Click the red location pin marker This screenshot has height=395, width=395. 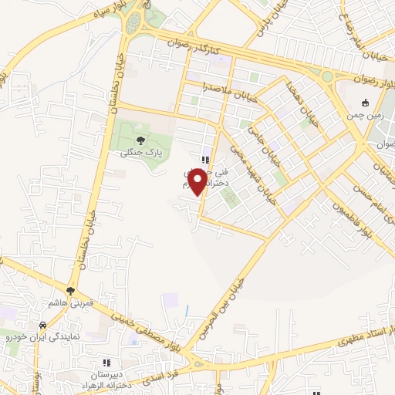197,181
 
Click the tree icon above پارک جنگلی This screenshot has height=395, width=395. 140,140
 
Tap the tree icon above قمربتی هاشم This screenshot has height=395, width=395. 71,291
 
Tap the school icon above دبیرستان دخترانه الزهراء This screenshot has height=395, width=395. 106,363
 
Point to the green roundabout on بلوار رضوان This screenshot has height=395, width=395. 327,76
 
